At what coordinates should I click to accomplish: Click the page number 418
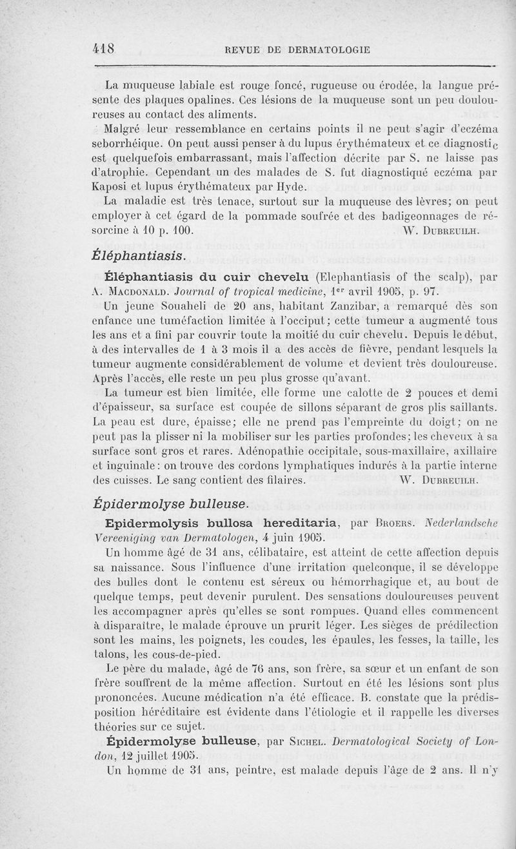click(104, 48)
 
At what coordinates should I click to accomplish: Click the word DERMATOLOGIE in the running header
click(328, 49)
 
